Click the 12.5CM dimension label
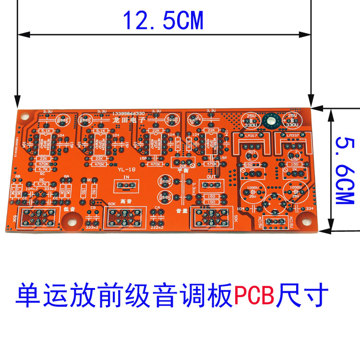163,20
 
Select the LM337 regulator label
292,136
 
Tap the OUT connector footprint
211,185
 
